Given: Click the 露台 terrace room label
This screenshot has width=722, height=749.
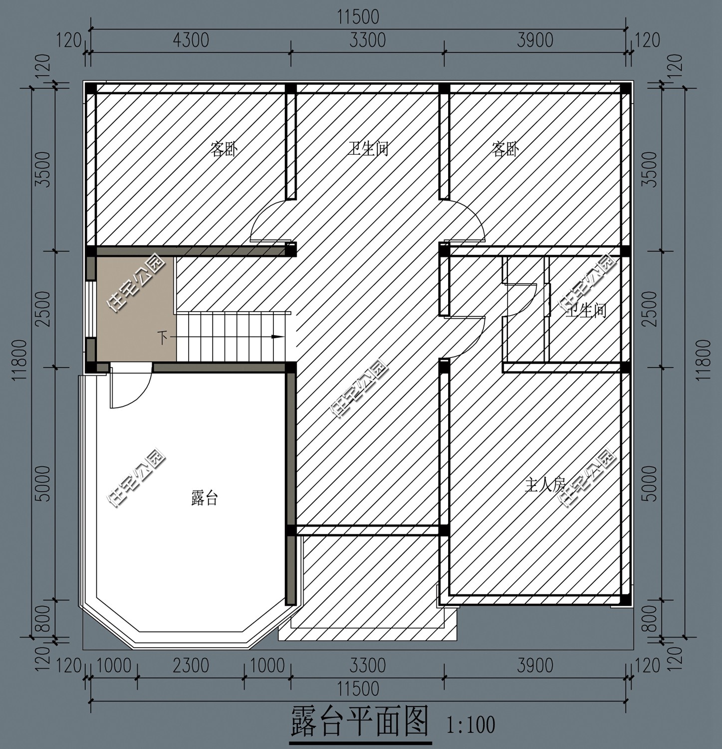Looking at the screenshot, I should [205, 498].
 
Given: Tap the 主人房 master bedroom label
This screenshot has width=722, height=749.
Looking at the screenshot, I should [544, 484].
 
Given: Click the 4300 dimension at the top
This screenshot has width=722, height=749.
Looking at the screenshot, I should [191, 40].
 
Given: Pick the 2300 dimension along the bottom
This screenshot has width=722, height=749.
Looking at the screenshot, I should [191, 666].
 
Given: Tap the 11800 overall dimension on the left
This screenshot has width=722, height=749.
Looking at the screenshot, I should [18, 360].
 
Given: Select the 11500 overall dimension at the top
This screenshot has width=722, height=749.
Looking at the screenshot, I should [358, 17].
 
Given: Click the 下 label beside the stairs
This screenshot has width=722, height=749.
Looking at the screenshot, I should [163, 338].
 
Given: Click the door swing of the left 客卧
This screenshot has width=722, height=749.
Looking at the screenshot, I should [269, 222].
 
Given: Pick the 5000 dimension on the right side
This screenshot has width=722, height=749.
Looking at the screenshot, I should [649, 483].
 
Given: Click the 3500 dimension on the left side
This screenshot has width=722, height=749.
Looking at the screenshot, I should [44, 169].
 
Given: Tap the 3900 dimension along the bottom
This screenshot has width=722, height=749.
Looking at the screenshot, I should [535, 666].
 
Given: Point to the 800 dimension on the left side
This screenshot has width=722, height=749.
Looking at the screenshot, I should [44, 618].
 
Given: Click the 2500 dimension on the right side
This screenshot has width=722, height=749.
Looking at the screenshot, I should [649, 309].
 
